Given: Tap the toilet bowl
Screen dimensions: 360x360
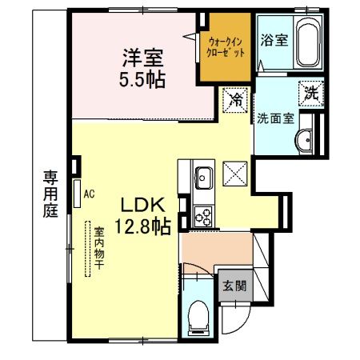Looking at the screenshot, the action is [198, 318].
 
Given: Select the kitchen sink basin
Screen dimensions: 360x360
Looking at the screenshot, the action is [204, 178].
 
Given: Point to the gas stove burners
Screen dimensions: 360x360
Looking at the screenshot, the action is [203, 217].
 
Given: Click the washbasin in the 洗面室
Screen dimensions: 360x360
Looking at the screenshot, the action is [303, 140].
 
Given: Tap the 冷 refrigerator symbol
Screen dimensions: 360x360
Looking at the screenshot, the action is [235, 100].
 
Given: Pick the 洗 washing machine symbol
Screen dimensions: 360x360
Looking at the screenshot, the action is [311, 94].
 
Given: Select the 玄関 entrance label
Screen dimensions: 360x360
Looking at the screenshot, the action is [234, 286].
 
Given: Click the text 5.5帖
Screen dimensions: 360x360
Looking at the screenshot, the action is [142, 79].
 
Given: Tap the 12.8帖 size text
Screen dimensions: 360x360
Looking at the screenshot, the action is [143, 226].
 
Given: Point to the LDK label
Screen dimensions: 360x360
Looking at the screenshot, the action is [142, 206].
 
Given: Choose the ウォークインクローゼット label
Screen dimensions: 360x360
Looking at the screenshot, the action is [226, 47].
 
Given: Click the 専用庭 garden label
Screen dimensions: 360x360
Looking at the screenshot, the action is [50, 194].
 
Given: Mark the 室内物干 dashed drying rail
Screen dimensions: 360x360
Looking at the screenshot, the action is [87, 249].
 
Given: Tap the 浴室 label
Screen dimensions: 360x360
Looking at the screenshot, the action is [274, 40].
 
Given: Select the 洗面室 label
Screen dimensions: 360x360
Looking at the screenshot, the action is [276, 118].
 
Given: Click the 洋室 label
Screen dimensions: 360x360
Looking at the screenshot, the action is [142, 58].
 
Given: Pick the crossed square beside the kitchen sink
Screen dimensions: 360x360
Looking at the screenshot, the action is [235, 174].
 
